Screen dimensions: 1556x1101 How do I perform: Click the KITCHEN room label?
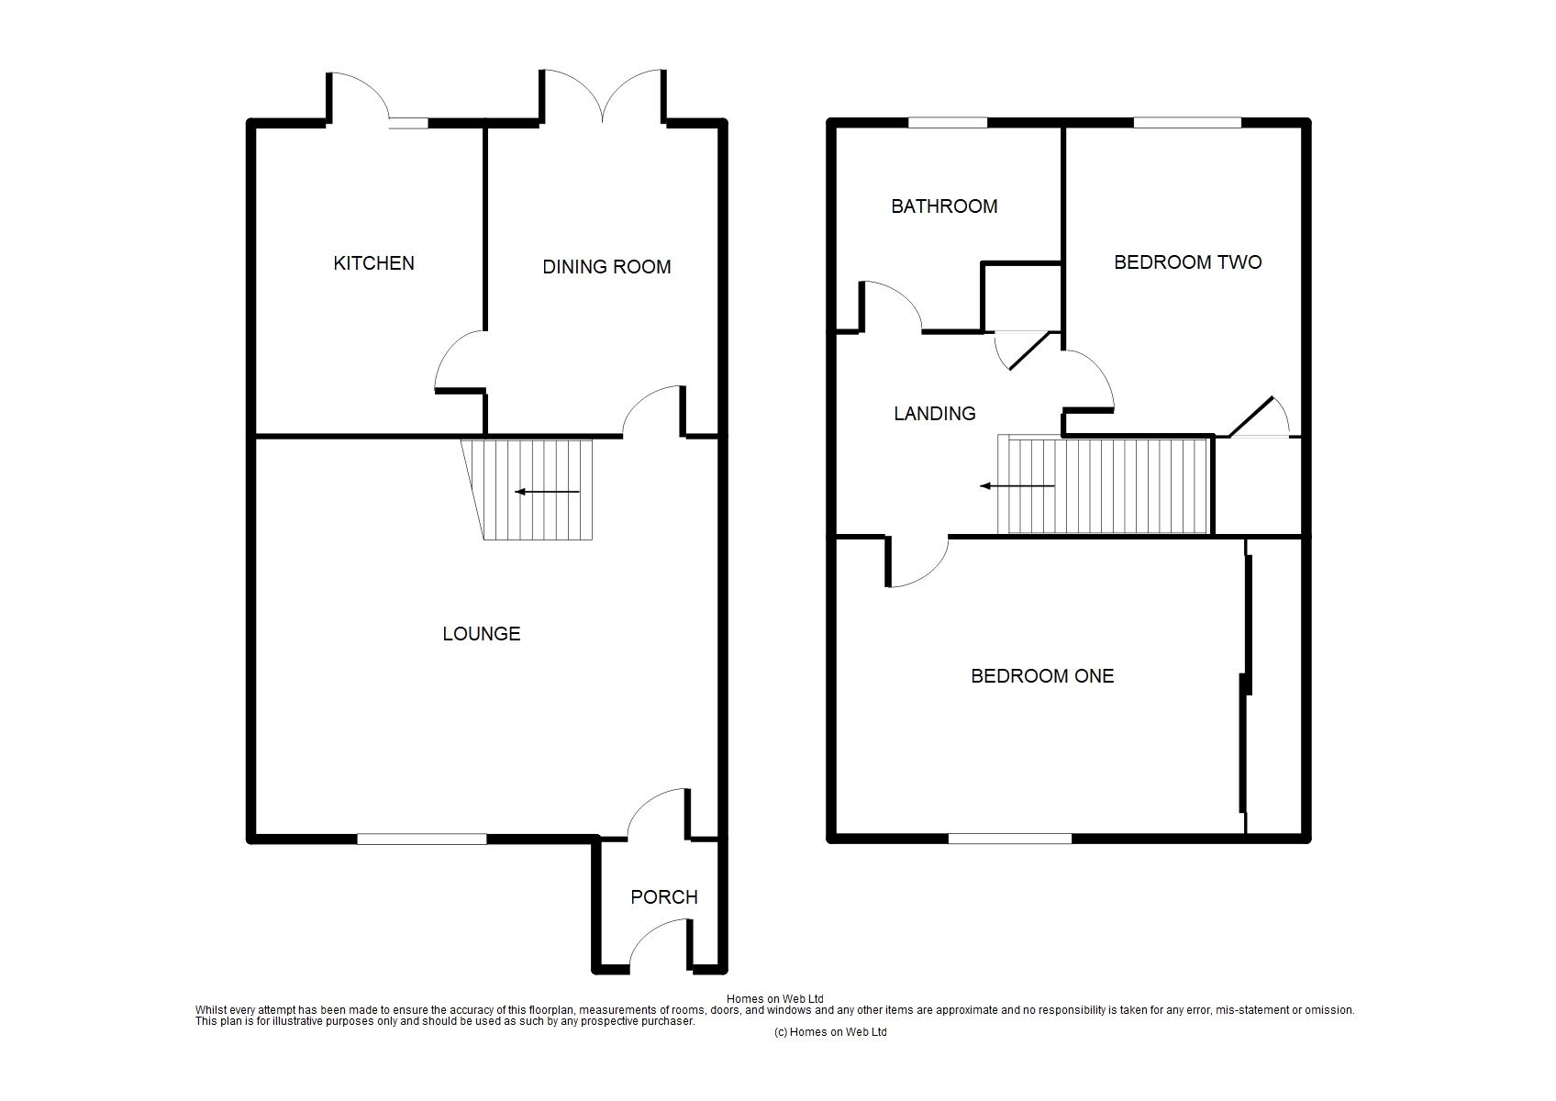pos(373,263)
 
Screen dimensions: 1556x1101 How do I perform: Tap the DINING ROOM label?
pos(606,267)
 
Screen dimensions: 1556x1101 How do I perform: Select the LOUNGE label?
pos(482,633)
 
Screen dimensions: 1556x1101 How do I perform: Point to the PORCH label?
pos(664,896)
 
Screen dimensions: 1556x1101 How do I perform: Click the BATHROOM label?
pos(944,206)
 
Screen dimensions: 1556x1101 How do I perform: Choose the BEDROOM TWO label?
pos(1188,261)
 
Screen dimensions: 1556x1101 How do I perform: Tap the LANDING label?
pos(934,414)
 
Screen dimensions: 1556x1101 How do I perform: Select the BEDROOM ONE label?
pos(1042,676)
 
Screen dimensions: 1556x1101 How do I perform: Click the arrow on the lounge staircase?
pos(548,492)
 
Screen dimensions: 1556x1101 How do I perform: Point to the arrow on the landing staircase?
pos(1017,486)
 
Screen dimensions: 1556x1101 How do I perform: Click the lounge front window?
pos(422,840)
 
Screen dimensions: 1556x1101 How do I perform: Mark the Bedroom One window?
pos(1010,840)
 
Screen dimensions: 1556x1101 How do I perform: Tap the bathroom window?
pos(948,123)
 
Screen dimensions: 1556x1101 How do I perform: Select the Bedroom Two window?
pos(1187,123)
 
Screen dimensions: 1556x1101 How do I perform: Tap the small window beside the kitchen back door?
pos(408,124)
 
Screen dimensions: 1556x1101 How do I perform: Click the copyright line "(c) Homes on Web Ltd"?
pos(830,1032)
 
